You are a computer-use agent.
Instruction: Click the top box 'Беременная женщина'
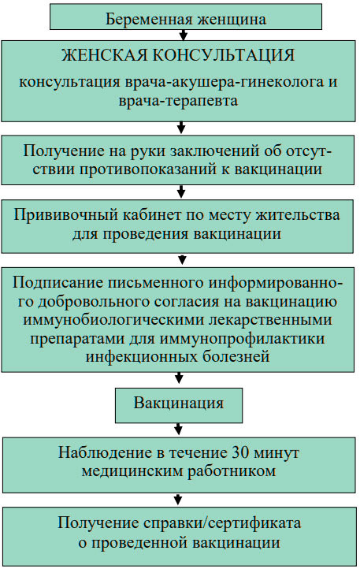point(185,17)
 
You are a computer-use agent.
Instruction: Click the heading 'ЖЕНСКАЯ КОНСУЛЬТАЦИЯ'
point(178,55)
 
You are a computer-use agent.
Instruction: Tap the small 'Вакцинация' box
point(179,405)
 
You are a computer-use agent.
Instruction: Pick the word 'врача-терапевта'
point(178,101)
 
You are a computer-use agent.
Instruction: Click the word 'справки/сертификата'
point(222,523)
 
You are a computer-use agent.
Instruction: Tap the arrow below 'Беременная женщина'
point(184,35)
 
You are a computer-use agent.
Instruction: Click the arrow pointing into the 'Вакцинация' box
point(179,377)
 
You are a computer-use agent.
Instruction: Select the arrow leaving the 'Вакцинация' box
point(178,429)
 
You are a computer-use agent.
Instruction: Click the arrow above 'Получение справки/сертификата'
point(177,499)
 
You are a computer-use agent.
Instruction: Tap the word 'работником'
point(232,471)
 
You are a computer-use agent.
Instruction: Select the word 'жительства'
point(298,215)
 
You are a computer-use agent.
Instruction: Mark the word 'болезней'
point(236,357)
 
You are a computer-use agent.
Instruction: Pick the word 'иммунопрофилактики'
point(242,339)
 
